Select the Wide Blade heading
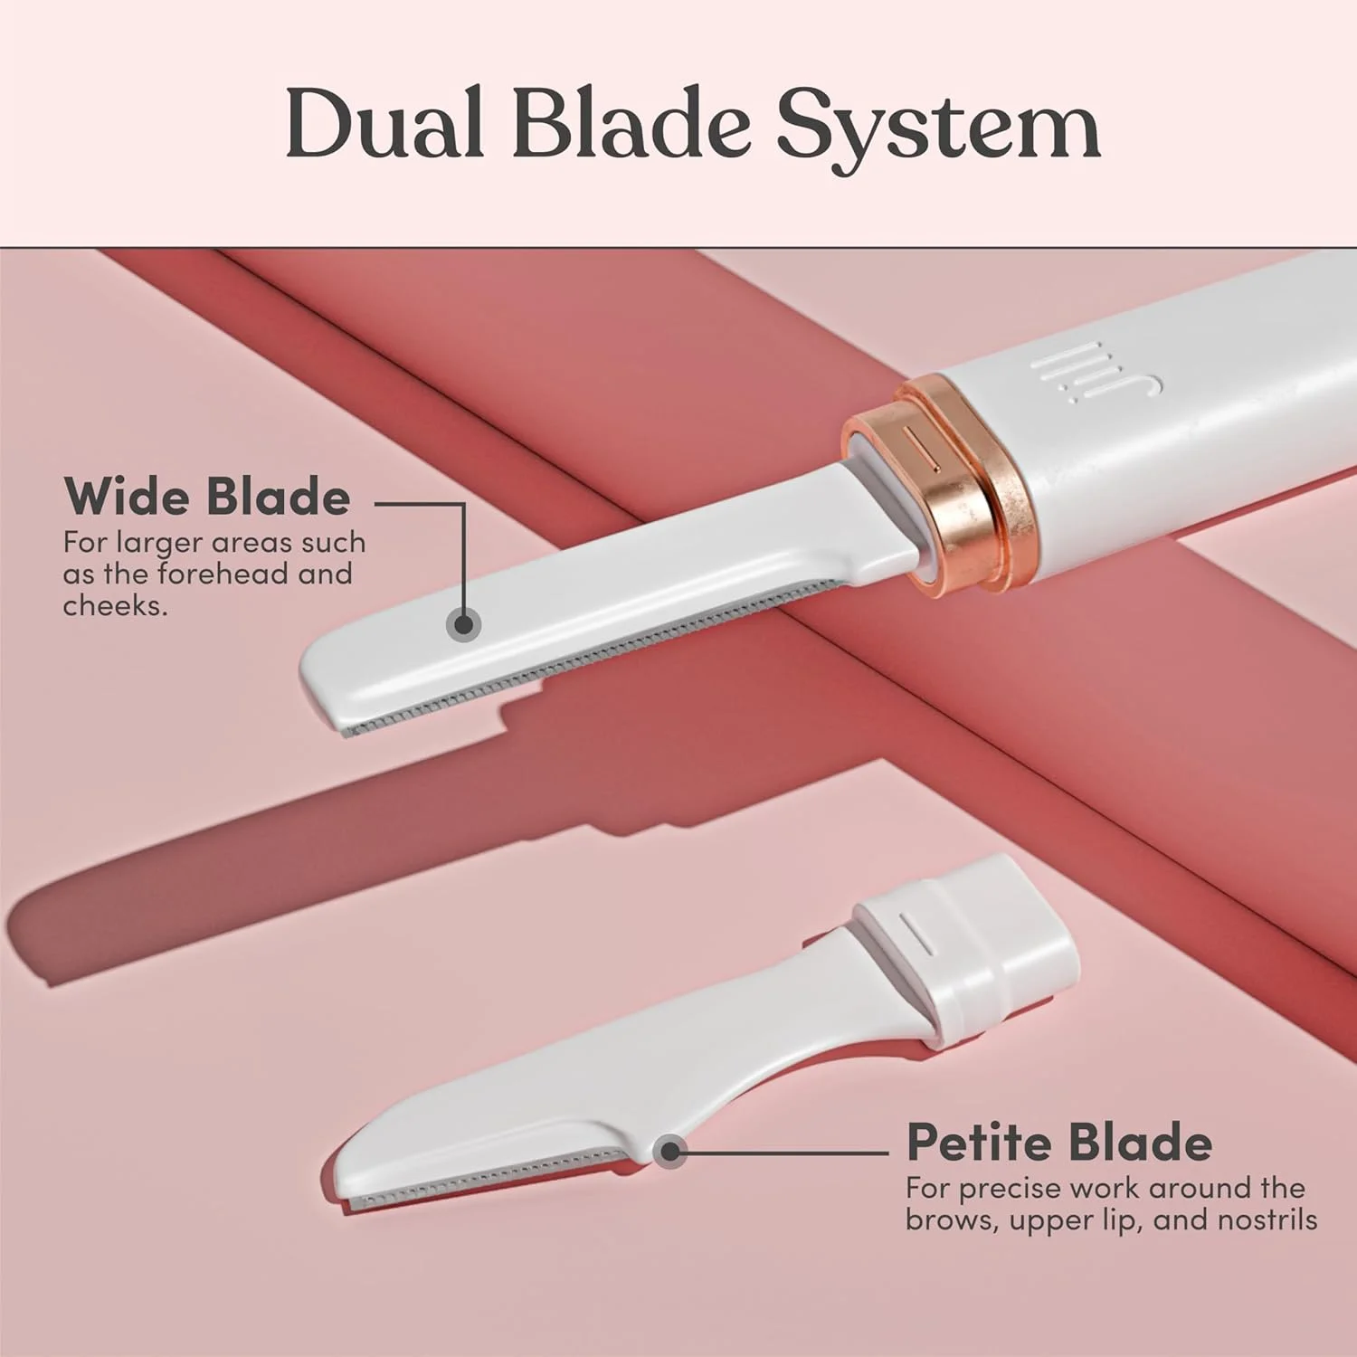(207, 497)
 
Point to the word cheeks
(115, 604)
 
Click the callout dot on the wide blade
(465, 624)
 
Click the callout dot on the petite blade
(670, 1152)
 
